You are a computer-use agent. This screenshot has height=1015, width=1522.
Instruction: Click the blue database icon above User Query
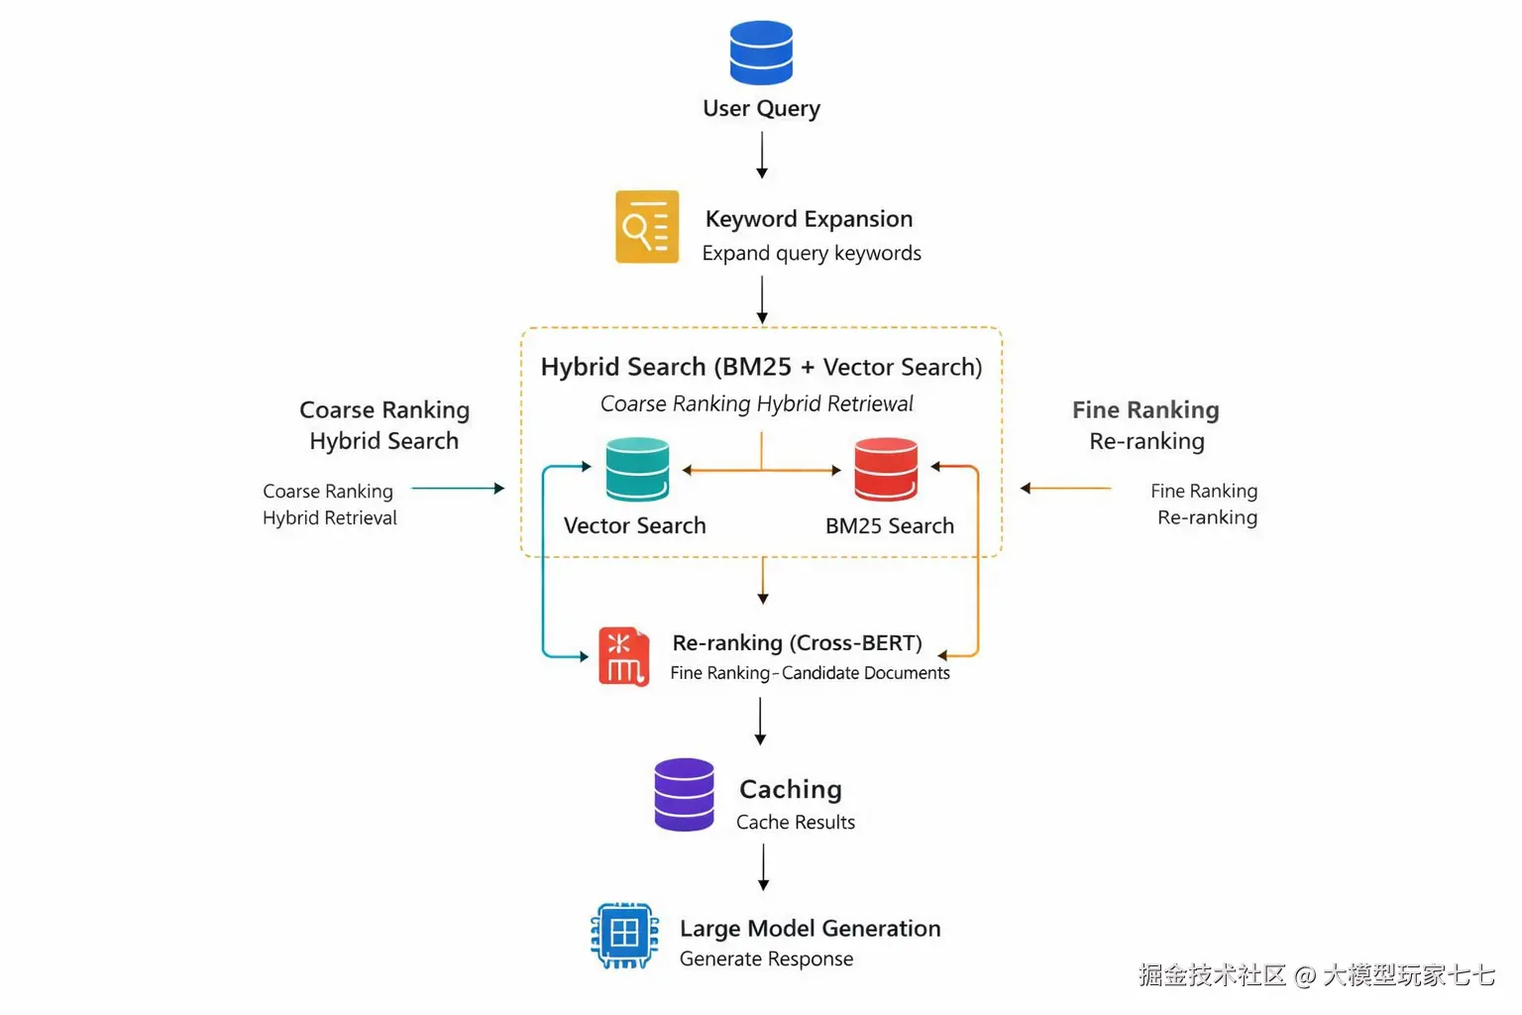pos(761,53)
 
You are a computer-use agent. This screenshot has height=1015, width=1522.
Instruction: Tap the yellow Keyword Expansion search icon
pos(647,227)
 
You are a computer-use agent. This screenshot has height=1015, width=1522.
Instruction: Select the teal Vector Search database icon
pos(637,469)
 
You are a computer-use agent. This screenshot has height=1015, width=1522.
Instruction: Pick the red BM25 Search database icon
pos(886,469)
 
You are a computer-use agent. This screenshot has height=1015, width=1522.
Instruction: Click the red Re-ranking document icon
pos(623,656)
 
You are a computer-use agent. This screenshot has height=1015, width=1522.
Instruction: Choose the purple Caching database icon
pos(684,794)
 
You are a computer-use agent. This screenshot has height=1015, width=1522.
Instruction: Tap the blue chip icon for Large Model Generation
pos(624,934)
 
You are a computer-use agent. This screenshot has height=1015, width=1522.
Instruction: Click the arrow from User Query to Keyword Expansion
pos(761,156)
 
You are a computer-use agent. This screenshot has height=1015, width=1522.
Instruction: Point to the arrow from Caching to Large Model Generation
pos(763,867)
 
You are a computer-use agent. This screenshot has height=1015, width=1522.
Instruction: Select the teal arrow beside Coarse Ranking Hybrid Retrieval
pos(457,488)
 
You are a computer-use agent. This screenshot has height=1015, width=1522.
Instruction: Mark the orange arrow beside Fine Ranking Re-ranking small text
pos(1066,488)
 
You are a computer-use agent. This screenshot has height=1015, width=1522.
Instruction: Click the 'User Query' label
pos(761,108)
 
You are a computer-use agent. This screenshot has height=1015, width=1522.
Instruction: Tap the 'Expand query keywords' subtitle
pos(812,253)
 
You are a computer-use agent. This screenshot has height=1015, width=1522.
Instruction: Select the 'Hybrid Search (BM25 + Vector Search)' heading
pos(761,367)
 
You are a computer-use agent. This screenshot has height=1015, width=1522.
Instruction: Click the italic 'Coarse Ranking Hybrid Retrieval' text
pos(757,403)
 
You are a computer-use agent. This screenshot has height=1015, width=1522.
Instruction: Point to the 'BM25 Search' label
pos(890,525)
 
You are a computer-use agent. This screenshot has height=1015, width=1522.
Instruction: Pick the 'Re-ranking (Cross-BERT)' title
pos(797,642)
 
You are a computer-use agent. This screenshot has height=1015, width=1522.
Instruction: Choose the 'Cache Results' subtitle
pos(795,822)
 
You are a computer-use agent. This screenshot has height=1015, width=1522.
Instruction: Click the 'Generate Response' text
pos(766,959)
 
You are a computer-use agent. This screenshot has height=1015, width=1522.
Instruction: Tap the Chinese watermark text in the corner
pos(1316,975)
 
